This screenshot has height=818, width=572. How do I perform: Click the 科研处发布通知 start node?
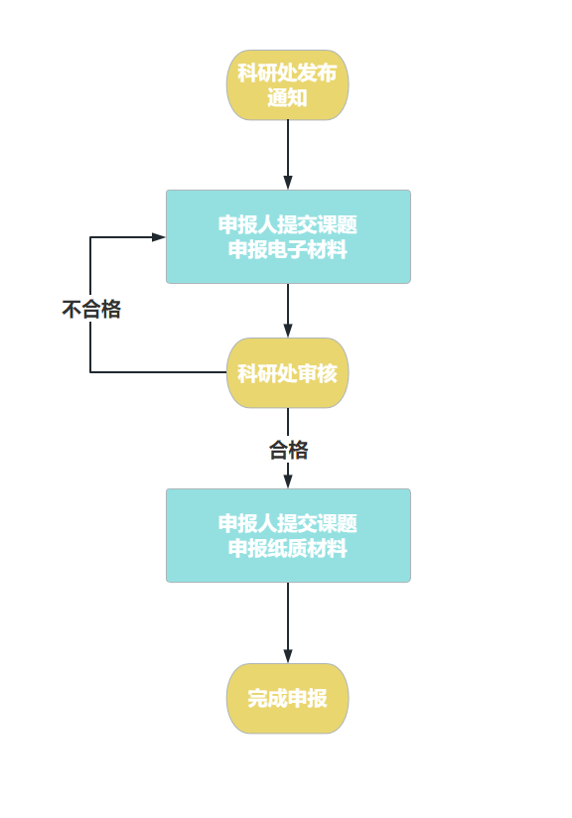point(288,85)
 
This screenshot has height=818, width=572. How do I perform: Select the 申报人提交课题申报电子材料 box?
point(288,237)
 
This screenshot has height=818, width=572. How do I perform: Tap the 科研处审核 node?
point(288,373)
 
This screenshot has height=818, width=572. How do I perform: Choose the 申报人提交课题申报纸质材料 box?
point(288,535)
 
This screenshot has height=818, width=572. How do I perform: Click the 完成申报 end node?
point(288,699)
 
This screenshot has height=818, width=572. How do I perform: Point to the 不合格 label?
point(91,310)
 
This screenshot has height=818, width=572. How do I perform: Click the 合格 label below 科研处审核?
point(288,450)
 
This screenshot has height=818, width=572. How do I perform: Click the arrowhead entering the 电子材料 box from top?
point(288,182)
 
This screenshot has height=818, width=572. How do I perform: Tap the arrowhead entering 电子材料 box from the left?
point(158,237)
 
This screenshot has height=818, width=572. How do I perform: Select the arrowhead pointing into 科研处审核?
point(288,331)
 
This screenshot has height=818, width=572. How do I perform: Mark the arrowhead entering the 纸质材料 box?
point(288,481)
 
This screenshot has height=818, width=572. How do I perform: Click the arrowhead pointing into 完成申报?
point(288,656)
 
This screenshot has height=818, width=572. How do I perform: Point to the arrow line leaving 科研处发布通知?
point(288,155)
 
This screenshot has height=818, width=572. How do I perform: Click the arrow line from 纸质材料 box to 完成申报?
point(288,622)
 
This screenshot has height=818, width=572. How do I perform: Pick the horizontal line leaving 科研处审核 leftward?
point(159,372)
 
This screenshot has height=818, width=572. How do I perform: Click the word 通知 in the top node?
point(288,97)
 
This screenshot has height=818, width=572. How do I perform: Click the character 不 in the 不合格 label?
point(71,310)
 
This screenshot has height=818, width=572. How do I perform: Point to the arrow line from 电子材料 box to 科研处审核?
point(288,311)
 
